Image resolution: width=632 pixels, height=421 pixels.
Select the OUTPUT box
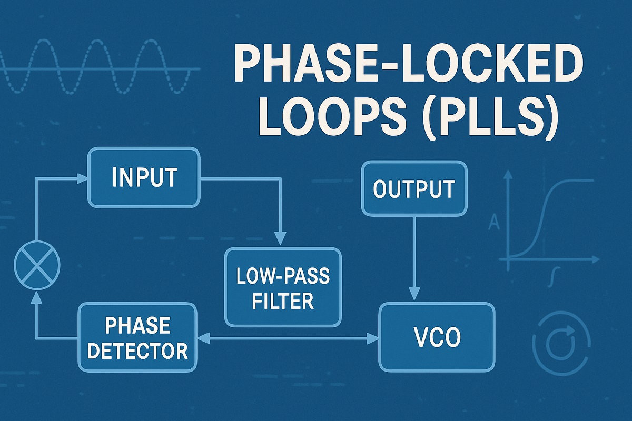(x=413, y=189)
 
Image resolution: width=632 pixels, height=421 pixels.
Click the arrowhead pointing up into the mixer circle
(x=36, y=297)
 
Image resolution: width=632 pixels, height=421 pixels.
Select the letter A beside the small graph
(x=494, y=224)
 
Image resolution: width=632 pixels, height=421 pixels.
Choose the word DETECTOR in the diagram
(x=137, y=350)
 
